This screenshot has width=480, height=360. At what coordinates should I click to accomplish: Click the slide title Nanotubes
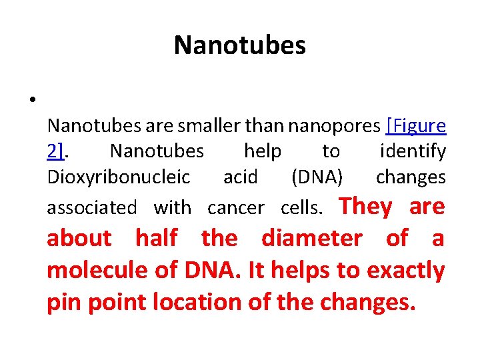pyautogui.click(x=240, y=45)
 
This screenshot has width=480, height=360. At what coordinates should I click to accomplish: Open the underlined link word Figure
pyautogui.click(x=418, y=126)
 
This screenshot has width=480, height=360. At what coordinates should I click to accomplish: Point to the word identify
pyautogui.click(x=413, y=152)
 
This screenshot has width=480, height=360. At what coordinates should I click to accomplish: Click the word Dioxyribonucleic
pyautogui.click(x=119, y=178)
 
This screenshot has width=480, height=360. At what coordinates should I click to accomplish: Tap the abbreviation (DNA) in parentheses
pyautogui.click(x=317, y=178)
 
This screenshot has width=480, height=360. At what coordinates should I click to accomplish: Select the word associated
pyautogui.click(x=91, y=208)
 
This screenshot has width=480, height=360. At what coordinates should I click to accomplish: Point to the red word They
pyautogui.click(x=366, y=207)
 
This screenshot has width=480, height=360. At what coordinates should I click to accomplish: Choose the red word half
pyautogui.click(x=157, y=238)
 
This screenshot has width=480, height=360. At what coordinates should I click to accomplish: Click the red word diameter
pyautogui.click(x=312, y=238)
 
